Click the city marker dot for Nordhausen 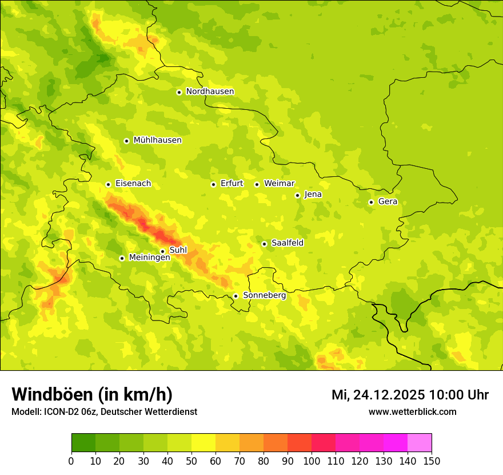(x=179, y=92)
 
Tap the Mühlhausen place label (x=157, y=140)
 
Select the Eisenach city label (x=133, y=184)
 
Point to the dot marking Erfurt (x=213, y=184)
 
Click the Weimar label (x=279, y=184)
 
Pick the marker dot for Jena (x=297, y=195)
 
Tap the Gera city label (x=388, y=201)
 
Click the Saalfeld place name (x=287, y=243)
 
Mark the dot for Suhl (x=162, y=251)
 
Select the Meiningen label (x=149, y=258)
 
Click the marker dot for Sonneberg (x=235, y=296)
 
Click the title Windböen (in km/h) (x=91, y=394)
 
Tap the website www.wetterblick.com (x=412, y=411)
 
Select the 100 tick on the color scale (x=312, y=461)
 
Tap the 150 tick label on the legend (x=432, y=461)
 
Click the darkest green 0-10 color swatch (x=83, y=443)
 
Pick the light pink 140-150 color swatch (x=420, y=443)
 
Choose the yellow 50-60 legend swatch (x=203, y=443)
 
